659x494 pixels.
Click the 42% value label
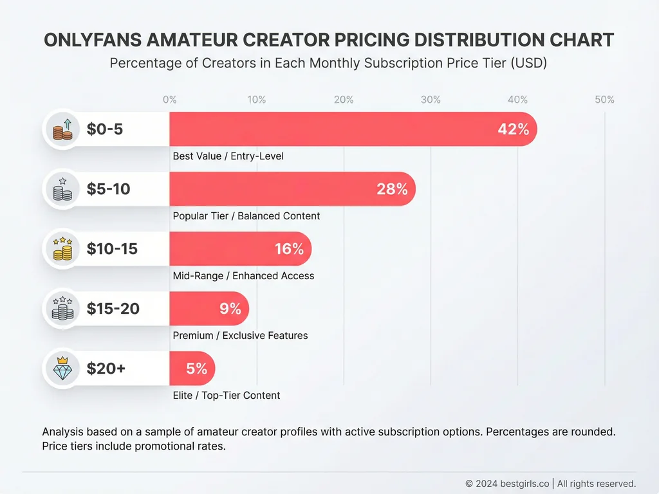[x=513, y=129]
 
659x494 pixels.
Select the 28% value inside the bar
[x=392, y=189]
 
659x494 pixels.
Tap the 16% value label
[x=289, y=249]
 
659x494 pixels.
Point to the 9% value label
[x=230, y=309]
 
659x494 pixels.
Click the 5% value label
[x=197, y=369]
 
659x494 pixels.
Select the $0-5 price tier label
[x=105, y=129]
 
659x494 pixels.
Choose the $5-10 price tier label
[x=108, y=189]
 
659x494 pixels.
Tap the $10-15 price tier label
[x=112, y=249]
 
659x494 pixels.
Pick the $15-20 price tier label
[x=113, y=309]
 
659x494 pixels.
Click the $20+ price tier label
[x=106, y=369]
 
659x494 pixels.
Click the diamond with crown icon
[x=62, y=369]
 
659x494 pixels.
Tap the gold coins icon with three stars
[x=62, y=249]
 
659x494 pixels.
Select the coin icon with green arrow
[x=62, y=129]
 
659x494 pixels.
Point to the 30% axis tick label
[x=431, y=100]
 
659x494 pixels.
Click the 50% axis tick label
[x=604, y=100]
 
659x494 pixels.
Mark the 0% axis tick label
[x=170, y=100]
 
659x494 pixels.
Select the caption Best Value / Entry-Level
[x=228, y=156]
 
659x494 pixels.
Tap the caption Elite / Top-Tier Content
[x=227, y=396]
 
